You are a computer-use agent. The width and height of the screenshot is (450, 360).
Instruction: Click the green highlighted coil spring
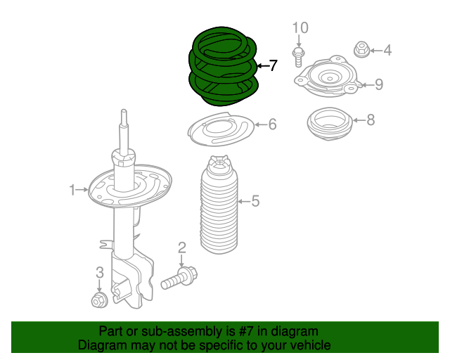coord(224,67)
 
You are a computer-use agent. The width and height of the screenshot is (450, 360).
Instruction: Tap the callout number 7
coord(274,66)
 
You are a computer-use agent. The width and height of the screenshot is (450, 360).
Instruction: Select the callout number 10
coord(300,27)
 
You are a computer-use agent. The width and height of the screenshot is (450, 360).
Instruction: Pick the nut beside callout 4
coord(361,50)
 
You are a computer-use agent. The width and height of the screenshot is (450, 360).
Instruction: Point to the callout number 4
coord(387,50)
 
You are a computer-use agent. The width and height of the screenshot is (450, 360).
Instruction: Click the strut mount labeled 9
coord(328,81)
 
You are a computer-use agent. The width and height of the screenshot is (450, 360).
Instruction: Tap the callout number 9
coord(378,85)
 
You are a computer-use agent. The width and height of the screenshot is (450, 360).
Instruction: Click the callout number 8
coord(371,120)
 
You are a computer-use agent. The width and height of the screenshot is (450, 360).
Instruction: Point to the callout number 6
coord(272,124)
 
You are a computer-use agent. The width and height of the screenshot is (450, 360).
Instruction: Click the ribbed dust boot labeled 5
coord(217,210)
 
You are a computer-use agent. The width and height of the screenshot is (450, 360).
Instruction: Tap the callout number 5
coord(255,202)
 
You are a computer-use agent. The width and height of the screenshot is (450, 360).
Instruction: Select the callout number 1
coord(72,189)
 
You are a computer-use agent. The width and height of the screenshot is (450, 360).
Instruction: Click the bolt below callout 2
coord(179,278)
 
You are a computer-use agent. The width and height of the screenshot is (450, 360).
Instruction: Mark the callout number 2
coord(181,247)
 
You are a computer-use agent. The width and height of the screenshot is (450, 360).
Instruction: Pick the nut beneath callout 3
coord(99,301)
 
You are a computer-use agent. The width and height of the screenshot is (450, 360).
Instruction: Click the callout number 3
coord(99,272)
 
